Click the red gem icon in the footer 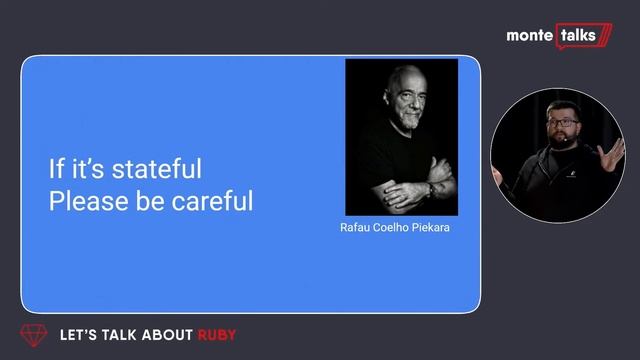click(34, 335)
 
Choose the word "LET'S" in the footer click(78, 335)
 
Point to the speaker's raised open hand click(611, 155)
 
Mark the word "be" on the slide click(142, 201)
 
